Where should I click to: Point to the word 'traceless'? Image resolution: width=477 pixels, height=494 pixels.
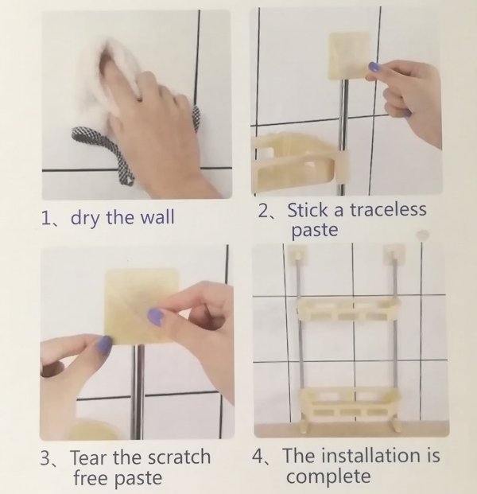(x=388, y=209)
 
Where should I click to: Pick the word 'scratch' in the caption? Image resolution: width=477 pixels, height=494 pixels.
(x=179, y=457)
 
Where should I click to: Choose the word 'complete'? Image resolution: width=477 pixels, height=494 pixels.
(x=328, y=476)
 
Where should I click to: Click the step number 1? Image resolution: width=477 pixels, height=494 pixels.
(x=45, y=218)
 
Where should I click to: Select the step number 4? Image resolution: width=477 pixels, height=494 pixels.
(x=258, y=456)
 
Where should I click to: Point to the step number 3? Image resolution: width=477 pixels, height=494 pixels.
(x=45, y=458)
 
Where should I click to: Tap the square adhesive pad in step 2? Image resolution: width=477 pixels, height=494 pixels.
(x=349, y=56)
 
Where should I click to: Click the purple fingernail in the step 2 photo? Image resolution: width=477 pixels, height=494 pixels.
(x=374, y=67)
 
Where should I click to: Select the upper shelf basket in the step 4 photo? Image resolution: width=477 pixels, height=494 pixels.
(x=348, y=310)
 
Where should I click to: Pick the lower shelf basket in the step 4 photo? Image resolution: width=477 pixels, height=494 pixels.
(x=348, y=403)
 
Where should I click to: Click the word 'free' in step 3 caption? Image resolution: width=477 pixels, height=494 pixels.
(x=91, y=477)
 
